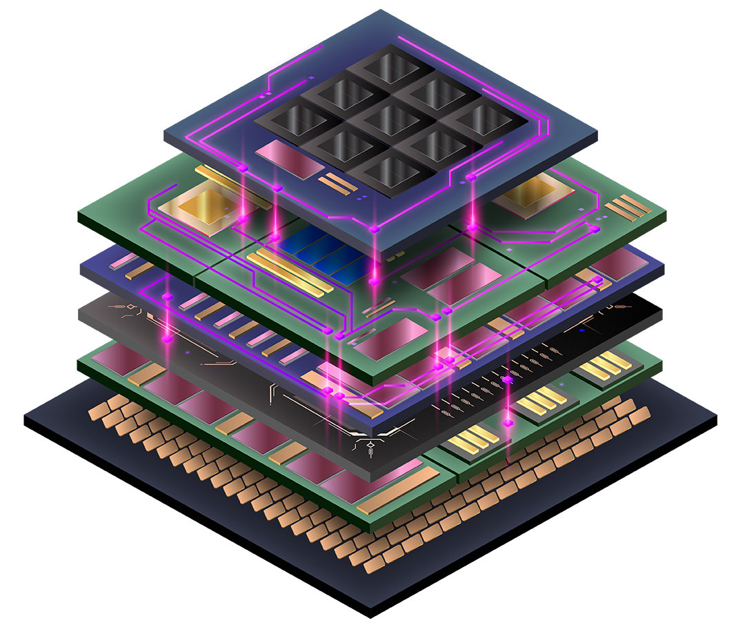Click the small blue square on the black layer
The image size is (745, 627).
[582, 330]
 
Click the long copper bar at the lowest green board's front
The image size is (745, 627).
[400, 490]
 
